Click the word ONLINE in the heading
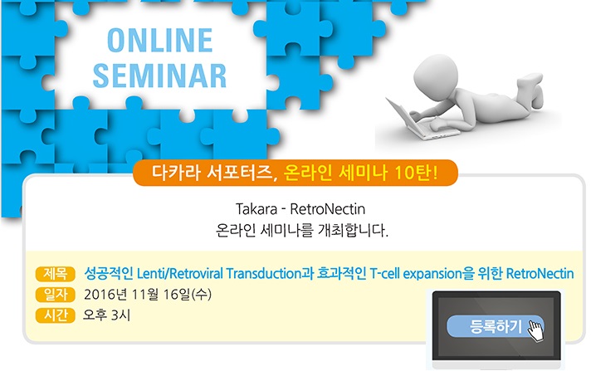click(x=160, y=40)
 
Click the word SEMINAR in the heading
click(x=159, y=76)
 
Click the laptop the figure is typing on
click(x=418, y=119)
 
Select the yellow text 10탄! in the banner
click(x=417, y=173)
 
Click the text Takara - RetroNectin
click(x=300, y=209)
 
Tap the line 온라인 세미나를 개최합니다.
click(x=301, y=230)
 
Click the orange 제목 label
click(x=56, y=273)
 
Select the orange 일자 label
click(x=56, y=295)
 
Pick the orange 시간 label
click(x=56, y=315)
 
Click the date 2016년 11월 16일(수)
click(x=148, y=295)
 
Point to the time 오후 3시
click(x=107, y=315)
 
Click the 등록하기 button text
click(x=496, y=326)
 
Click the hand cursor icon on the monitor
click(x=535, y=331)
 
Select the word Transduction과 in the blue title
click(x=271, y=273)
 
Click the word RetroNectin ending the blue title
click(x=540, y=273)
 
